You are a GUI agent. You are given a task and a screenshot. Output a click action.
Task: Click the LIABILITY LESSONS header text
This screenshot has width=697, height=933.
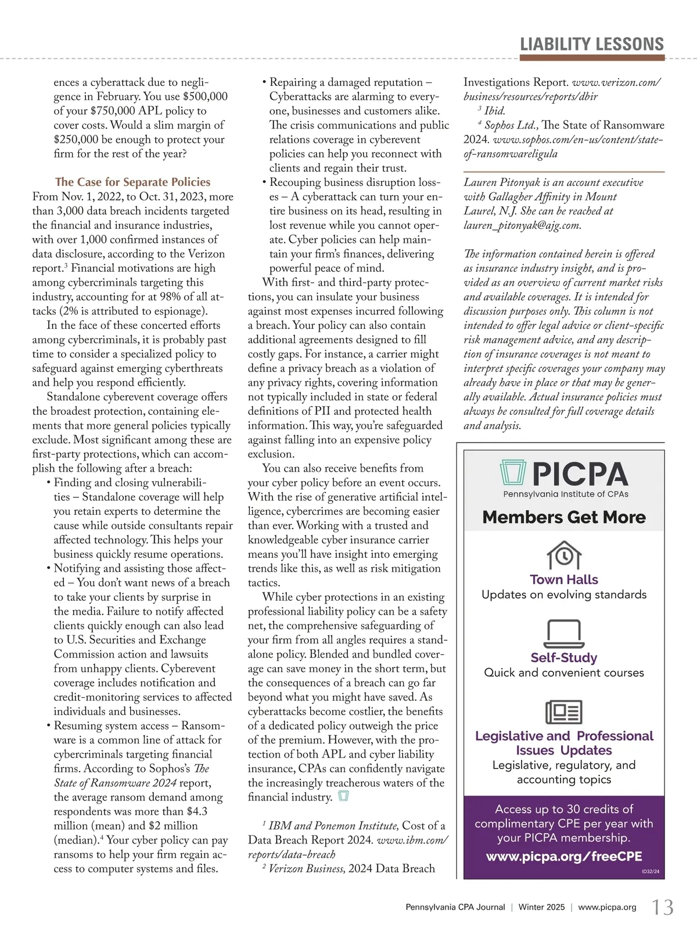[x=591, y=45]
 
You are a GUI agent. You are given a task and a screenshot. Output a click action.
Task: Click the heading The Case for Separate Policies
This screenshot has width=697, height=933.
[x=132, y=182]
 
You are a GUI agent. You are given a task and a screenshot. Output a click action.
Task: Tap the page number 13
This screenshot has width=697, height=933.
[x=663, y=907]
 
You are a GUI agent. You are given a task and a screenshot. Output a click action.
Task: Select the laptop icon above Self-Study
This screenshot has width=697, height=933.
[x=564, y=633]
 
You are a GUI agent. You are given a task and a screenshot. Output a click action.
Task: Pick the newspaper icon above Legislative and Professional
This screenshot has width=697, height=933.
[x=564, y=712]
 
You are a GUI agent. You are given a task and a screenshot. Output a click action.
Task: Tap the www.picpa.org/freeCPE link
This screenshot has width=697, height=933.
[x=564, y=857]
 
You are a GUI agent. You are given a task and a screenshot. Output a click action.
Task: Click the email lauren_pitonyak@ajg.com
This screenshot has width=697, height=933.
[x=522, y=225]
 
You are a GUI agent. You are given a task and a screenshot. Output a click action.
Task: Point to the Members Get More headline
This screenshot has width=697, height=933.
[x=564, y=517]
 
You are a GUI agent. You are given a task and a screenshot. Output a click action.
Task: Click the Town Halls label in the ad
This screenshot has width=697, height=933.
[x=564, y=579]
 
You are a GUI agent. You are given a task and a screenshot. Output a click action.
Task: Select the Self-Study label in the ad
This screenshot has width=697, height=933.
[x=564, y=658]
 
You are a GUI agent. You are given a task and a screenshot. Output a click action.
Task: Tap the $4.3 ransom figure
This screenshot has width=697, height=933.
[x=197, y=812]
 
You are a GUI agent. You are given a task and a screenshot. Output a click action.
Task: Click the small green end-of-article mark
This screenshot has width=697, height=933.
[x=343, y=796]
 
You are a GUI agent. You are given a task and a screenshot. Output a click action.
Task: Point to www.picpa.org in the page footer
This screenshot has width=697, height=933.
[x=607, y=907]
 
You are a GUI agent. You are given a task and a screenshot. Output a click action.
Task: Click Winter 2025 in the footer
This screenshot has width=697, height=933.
[x=541, y=907]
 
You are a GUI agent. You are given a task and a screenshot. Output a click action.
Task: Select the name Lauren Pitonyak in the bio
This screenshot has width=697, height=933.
[x=502, y=182]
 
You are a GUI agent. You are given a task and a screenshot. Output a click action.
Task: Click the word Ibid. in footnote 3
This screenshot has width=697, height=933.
[x=495, y=111]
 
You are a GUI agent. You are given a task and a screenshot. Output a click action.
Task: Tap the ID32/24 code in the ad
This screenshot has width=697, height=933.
[x=651, y=871]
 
